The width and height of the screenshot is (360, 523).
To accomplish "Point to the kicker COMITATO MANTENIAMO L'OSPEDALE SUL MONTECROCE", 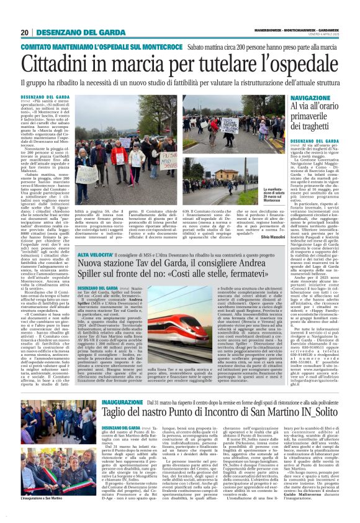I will click(92, 47).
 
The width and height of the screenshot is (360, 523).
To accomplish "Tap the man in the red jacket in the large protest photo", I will click(117, 158).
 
